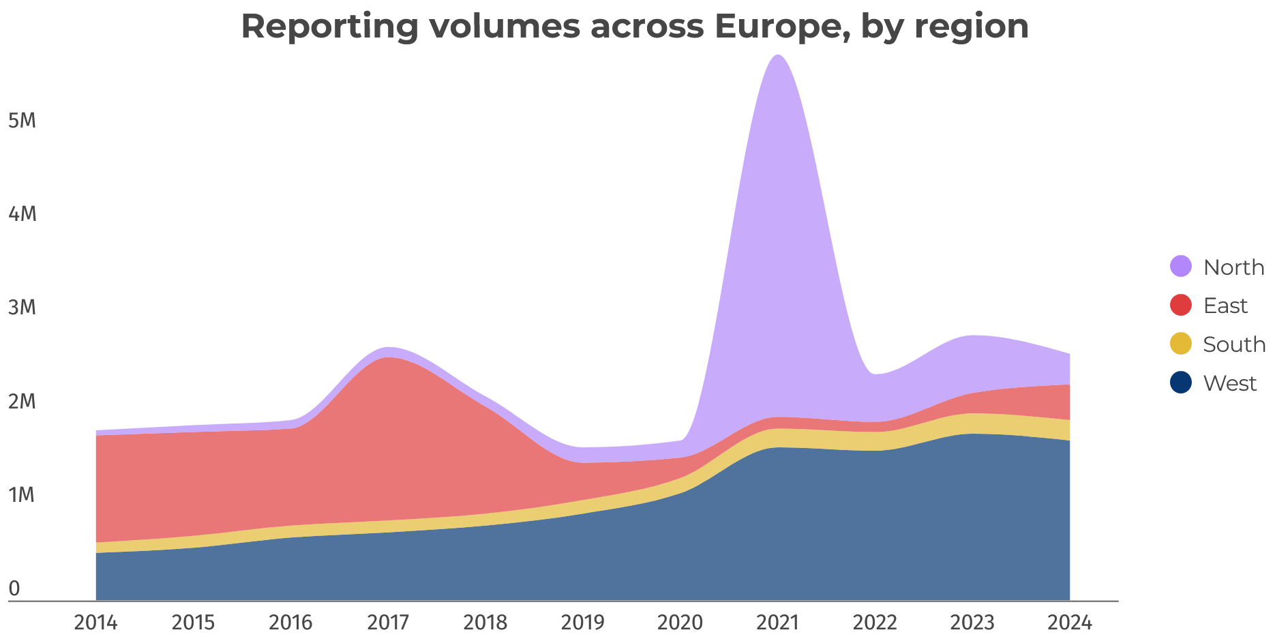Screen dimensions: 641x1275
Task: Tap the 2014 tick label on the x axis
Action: pyautogui.click(x=96, y=623)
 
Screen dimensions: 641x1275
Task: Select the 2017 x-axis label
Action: pyautogui.click(x=388, y=623)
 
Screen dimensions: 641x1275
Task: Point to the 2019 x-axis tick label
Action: pyautogui.click(x=582, y=623)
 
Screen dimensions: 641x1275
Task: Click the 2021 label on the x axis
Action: pyautogui.click(x=778, y=623)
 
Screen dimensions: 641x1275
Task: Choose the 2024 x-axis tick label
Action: pyautogui.click(x=1070, y=623)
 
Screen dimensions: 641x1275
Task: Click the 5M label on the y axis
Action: pyautogui.click(x=22, y=121)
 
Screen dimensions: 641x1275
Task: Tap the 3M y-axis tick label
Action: pyautogui.click(x=22, y=308)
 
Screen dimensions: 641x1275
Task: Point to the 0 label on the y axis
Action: pyautogui.click(x=14, y=588)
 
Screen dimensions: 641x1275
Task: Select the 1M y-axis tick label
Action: pyautogui.click(x=22, y=495)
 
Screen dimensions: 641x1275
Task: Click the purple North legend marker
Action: pyautogui.click(x=1181, y=266)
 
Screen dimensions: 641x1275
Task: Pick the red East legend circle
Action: pyautogui.click(x=1181, y=305)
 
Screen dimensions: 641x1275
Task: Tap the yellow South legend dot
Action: pyautogui.click(x=1181, y=344)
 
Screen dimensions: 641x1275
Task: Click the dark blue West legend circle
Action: pyautogui.click(x=1181, y=383)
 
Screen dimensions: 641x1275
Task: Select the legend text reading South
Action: pyautogui.click(x=1234, y=344)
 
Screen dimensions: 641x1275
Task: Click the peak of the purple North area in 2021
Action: pyautogui.click(x=778, y=56)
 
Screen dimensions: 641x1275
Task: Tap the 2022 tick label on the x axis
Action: pyautogui.click(x=875, y=623)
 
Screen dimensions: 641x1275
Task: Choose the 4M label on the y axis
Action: pyautogui.click(x=22, y=214)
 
